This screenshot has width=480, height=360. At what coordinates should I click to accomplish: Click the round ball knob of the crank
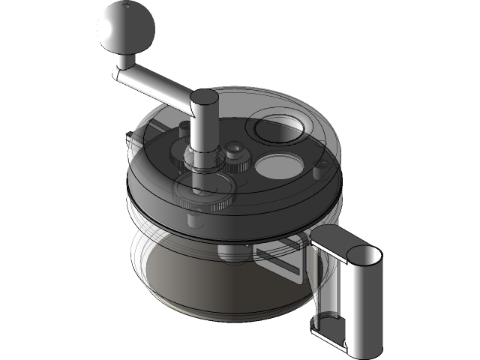[x=126, y=28]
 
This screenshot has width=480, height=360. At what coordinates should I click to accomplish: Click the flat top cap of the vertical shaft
[x=202, y=98]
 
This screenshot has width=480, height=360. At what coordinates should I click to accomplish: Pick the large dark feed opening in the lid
[x=278, y=127]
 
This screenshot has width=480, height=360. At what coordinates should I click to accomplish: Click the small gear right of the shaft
[x=239, y=157]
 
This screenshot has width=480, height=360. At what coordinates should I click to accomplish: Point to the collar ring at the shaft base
[x=196, y=157]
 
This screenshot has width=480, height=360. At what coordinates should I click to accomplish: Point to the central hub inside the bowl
[x=224, y=252]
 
